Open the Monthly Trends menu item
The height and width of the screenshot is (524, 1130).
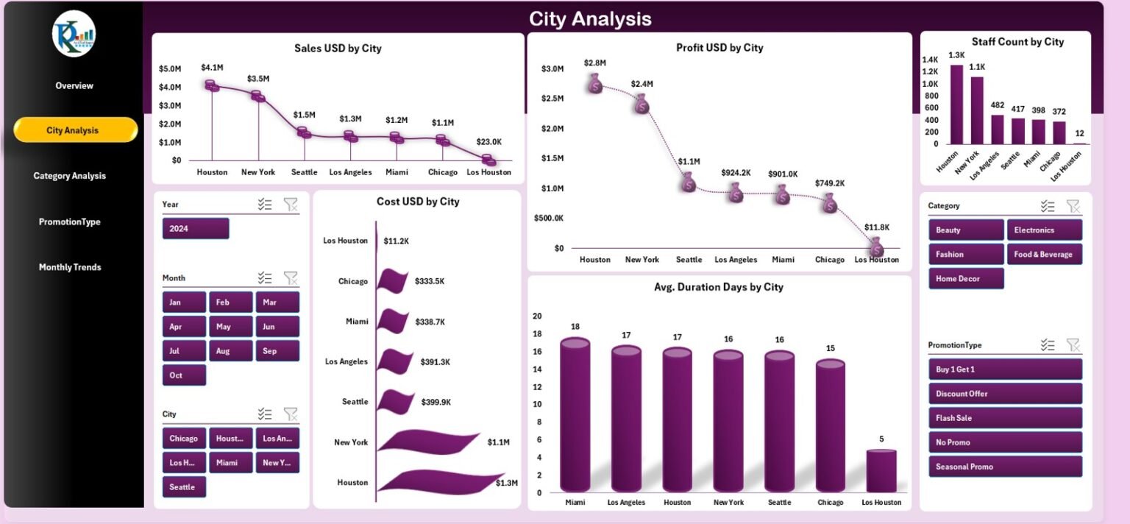(x=70, y=267)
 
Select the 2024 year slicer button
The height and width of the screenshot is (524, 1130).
(x=195, y=229)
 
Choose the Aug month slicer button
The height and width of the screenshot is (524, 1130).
(x=230, y=351)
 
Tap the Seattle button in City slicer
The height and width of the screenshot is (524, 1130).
(x=183, y=487)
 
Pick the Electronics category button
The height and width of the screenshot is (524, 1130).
(x=1044, y=230)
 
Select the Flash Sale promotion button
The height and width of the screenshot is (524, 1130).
(x=1005, y=418)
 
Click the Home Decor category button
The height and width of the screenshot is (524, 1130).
(x=965, y=279)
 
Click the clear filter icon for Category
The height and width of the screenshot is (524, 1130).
(x=1073, y=206)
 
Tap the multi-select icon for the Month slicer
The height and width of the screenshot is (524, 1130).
(x=265, y=278)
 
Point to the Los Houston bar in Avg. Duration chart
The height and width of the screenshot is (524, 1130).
(x=881, y=471)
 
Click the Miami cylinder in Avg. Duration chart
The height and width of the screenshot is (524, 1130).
(x=575, y=416)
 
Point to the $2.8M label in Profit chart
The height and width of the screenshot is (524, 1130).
(x=594, y=63)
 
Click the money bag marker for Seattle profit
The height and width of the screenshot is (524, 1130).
(x=688, y=182)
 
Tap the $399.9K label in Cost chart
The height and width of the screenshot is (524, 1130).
(x=436, y=402)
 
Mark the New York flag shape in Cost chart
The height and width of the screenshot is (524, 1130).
(x=427, y=442)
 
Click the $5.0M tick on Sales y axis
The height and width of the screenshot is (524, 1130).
(x=170, y=69)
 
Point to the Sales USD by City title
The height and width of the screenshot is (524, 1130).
(x=338, y=49)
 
